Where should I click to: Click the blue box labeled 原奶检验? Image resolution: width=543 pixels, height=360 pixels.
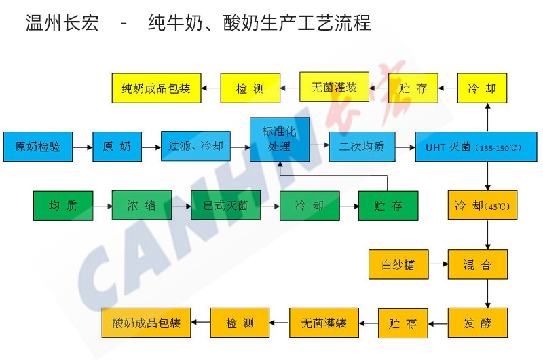pyautogui.click(x=37, y=147)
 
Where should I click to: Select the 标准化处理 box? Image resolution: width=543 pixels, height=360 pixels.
pyautogui.click(x=278, y=139)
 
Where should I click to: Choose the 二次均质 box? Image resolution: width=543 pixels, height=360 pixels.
pyautogui.click(x=362, y=147)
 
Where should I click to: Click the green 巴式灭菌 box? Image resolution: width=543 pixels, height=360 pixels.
pyautogui.click(x=225, y=206)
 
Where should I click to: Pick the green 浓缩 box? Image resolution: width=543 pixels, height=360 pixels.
pyautogui.click(x=142, y=206)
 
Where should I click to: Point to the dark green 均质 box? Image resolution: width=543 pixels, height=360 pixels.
pyautogui.click(x=62, y=206)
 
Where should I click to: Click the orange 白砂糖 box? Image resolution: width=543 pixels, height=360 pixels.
pyautogui.click(x=398, y=264)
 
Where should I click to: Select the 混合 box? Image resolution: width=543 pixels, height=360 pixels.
pyautogui.click(x=477, y=264)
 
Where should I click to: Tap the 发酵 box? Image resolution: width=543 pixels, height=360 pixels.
pyautogui.click(x=477, y=323)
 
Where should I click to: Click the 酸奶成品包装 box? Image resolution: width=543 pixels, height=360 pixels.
pyautogui.click(x=147, y=323)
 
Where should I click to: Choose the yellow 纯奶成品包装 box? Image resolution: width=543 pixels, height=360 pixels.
pyautogui.click(x=156, y=88)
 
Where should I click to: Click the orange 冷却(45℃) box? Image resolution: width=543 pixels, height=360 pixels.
pyautogui.click(x=482, y=205)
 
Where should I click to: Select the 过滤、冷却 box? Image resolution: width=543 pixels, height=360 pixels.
pyautogui.click(x=196, y=147)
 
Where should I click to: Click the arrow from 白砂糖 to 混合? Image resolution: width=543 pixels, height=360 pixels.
pyautogui.click(x=438, y=264)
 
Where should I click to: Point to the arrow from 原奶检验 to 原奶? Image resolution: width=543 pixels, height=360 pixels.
pyautogui.click(x=82, y=147)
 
